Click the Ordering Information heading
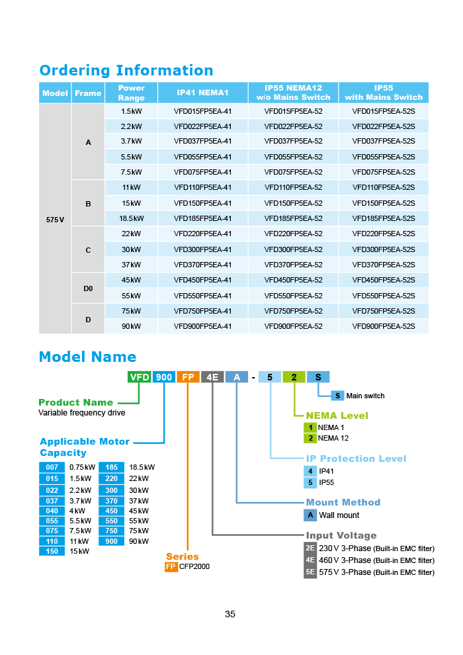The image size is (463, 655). coord(126,70)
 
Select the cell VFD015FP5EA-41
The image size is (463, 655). coord(203,111)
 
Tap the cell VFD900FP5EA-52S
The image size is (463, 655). coord(384,326)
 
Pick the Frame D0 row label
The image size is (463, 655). coord(88,288)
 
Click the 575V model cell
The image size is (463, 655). coord(55,219)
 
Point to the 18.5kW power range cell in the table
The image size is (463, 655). coord(131,218)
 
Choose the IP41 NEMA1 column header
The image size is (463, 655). coord(203,93)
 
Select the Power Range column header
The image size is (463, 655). coord(131,93)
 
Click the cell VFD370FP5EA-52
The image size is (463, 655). coord(293,265)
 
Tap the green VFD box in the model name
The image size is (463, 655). coord(140,377)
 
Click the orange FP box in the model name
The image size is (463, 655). coord(188,377)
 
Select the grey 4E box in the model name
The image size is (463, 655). coord(212,377)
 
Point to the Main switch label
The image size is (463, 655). coord(365,396)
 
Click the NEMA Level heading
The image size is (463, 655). coord(337,415)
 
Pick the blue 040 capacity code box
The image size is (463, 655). coord(52,511)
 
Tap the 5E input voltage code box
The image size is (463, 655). coord(310,572)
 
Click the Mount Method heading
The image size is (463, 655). coord(343,502)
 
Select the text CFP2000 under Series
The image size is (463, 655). coord(194,566)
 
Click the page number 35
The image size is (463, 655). coord(230,614)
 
